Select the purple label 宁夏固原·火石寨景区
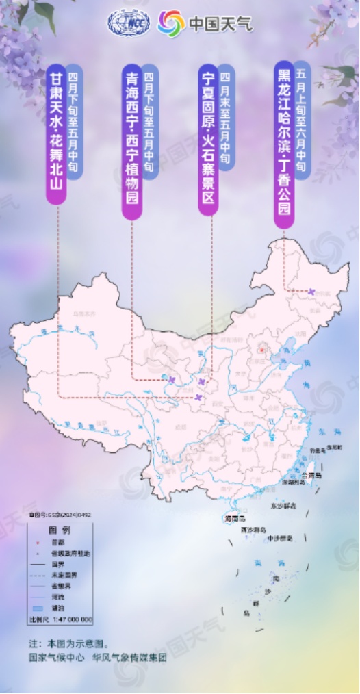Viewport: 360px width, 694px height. pyautogui.click(x=209, y=140)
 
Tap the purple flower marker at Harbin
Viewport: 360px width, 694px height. pyautogui.click(x=313, y=292)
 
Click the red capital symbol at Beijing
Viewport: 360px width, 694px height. pyautogui.click(x=261, y=350)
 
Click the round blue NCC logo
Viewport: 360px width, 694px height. pyautogui.click(x=129, y=24)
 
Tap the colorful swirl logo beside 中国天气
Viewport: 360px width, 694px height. pyautogui.click(x=171, y=25)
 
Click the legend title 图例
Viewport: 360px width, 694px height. pyautogui.click(x=60, y=530)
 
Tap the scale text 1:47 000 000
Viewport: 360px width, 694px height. pyautogui.click(x=70, y=619)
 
